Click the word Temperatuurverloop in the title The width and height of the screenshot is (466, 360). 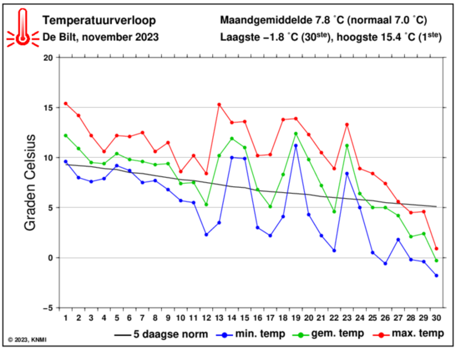[x=99, y=20]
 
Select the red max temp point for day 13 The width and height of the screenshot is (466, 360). [x=219, y=104]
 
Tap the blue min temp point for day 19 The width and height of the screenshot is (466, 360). [x=296, y=145]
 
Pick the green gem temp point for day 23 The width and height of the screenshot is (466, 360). [x=347, y=145]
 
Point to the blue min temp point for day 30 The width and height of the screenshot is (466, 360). [x=436, y=276]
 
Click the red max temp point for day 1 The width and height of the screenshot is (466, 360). [x=66, y=103]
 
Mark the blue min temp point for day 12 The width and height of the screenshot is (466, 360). [x=206, y=234]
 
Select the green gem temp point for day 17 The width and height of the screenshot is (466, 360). [x=270, y=207]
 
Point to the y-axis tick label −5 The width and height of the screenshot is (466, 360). [x=47, y=308]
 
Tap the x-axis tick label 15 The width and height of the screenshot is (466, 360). [x=245, y=317]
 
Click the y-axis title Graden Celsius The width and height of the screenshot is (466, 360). [x=31, y=182]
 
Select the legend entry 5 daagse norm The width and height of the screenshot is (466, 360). [x=161, y=334]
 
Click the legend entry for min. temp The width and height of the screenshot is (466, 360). [x=251, y=334]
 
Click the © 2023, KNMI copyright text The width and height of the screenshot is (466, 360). [x=27, y=339]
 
